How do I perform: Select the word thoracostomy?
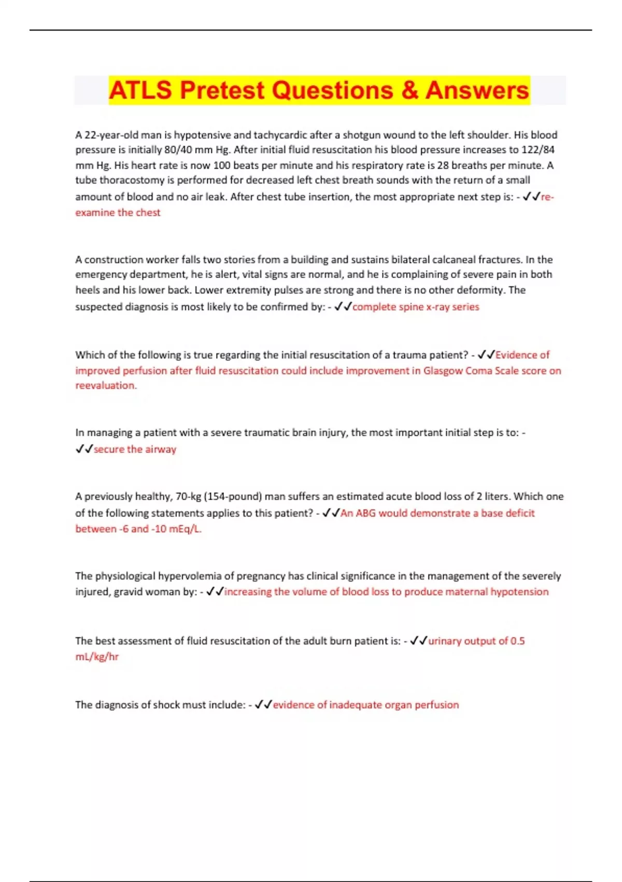point(132,180)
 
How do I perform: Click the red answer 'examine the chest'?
point(118,212)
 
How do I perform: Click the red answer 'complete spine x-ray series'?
point(416,307)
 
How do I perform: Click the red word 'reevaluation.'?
point(106,385)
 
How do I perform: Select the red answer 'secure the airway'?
point(135,449)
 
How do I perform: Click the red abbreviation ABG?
point(365,513)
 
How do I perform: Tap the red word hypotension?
point(519,591)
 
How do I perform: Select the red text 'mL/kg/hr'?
point(97,657)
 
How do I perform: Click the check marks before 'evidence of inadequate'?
point(263,705)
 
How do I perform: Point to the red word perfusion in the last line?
point(436,705)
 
